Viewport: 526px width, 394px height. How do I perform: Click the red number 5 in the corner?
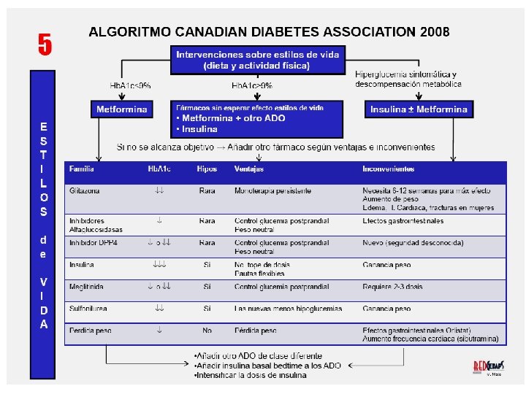click(x=45, y=45)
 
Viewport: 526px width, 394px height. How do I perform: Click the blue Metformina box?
click(x=122, y=109)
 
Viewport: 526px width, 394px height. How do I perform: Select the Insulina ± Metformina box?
click(x=419, y=109)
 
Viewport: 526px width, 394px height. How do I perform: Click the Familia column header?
click(x=82, y=169)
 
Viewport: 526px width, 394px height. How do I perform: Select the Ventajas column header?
click(x=249, y=169)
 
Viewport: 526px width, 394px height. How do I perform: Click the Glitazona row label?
click(x=85, y=191)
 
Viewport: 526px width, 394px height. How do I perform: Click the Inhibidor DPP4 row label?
click(x=92, y=242)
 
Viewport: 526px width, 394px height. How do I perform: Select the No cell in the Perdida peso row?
click(x=207, y=330)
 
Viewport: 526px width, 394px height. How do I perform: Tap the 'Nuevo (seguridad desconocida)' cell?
click(x=416, y=242)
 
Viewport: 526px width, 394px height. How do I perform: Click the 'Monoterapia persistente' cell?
click(x=272, y=191)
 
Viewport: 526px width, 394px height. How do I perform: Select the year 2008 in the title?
click(x=435, y=32)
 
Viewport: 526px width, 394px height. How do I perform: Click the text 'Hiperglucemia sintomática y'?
click(x=406, y=74)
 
